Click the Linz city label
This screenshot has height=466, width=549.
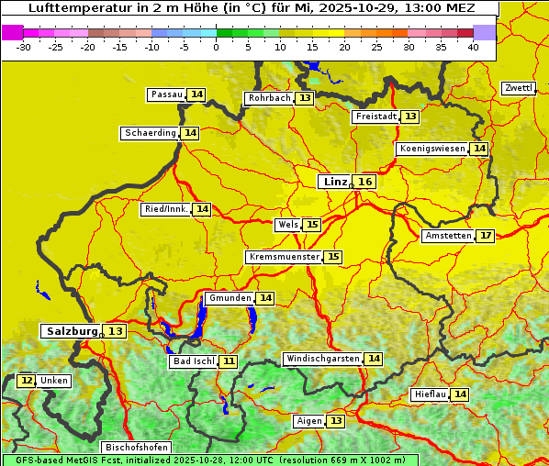pos(335,182)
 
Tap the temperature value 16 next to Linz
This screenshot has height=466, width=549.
pos(365,182)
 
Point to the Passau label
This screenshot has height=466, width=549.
pos(167,94)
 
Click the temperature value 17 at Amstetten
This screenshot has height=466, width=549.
pos(486,236)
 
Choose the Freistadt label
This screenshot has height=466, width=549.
pos(375,116)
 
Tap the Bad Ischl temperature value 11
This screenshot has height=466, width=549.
pos(228,361)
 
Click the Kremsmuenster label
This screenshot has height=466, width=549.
pos(284,257)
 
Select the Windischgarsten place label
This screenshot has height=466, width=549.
pos(322,359)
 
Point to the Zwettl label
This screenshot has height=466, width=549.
pos(519,88)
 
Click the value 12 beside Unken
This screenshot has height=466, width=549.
pos(27,381)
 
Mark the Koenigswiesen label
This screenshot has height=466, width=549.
pos(432,149)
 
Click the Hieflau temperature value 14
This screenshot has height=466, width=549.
pos(460,394)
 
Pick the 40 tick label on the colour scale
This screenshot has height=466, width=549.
pos(473,47)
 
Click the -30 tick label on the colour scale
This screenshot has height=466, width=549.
pos(23,47)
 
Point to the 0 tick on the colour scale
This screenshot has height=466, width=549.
pos(217,47)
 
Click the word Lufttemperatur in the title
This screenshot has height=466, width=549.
pos(73,7)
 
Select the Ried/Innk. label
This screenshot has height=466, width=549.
pos(166,209)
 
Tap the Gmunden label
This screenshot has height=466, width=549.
pos(229,298)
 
